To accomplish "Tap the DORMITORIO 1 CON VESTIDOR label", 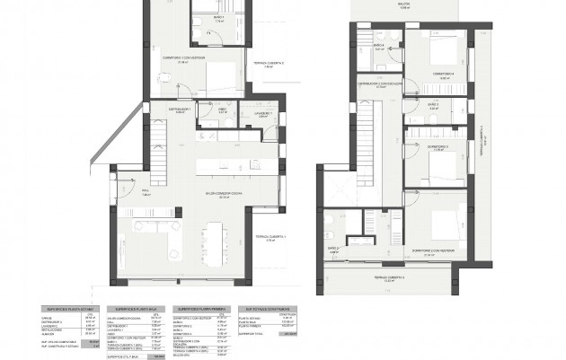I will pyautogui.click(x=194, y=60).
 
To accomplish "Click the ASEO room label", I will pyautogui.click(x=222, y=110).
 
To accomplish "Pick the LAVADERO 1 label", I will pyautogui.click(x=261, y=114).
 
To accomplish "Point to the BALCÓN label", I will pyautogui.click(x=409, y=4).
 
